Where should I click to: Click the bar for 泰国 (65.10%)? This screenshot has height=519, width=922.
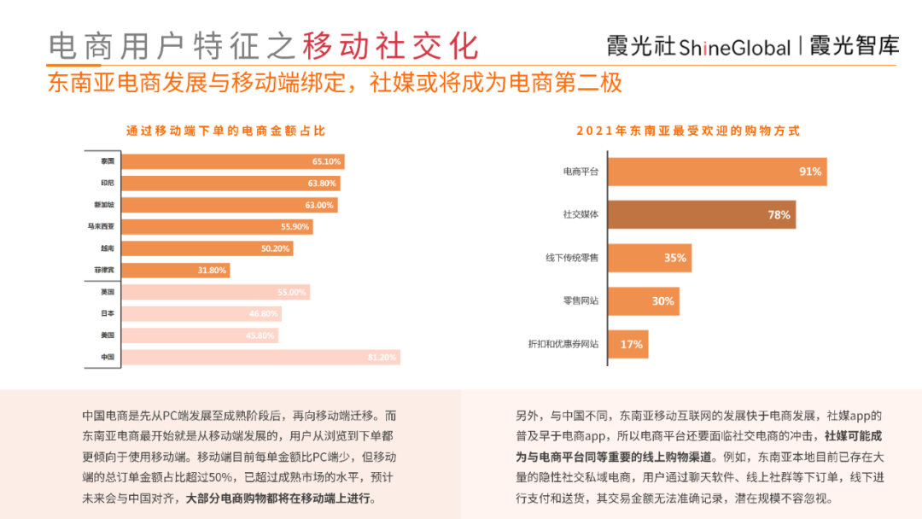click(213, 161)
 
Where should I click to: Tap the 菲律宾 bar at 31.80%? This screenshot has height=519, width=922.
click(157, 271)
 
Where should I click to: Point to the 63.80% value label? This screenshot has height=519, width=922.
click(324, 184)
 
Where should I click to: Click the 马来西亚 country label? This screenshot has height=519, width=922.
click(102, 227)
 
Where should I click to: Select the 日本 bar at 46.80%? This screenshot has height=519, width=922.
click(183, 313)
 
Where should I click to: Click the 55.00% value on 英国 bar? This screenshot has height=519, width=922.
click(292, 292)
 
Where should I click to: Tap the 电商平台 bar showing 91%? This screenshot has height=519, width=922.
click(716, 172)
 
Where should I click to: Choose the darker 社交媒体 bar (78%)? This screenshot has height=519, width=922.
click(701, 215)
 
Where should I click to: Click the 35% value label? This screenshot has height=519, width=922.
click(675, 258)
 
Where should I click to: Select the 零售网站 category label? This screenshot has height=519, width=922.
click(580, 301)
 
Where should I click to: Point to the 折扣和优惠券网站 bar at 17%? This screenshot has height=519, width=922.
click(627, 344)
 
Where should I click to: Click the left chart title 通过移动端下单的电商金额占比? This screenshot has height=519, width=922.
click(225, 131)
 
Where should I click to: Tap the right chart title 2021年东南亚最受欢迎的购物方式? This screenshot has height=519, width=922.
click(688, 131)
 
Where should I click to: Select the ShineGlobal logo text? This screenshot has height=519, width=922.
click(734, 48)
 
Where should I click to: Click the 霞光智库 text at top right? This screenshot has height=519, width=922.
click(854, 46)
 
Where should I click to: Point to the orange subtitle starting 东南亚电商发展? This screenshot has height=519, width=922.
click(335, 84)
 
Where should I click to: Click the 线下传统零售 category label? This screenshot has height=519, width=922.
click(572, 258)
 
